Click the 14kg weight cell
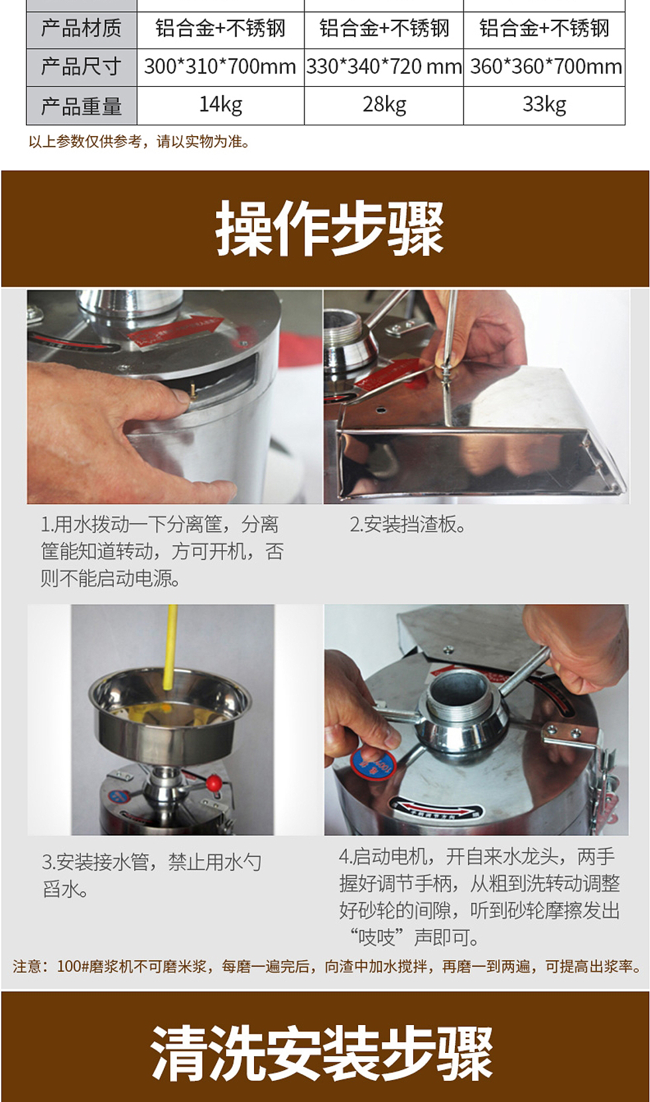point(220,105)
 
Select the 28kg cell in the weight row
point(384,105)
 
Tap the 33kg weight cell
point(544,105)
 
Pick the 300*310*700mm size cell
point(220,67)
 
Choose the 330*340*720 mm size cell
point(384,67)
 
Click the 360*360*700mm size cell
point(544,67)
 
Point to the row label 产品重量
point(81,105)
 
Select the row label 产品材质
point(81,29)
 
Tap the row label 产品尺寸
point(81,67)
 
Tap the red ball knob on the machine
point(213,783)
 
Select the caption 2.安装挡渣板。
point(408,524)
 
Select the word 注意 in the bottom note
point(27,966)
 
